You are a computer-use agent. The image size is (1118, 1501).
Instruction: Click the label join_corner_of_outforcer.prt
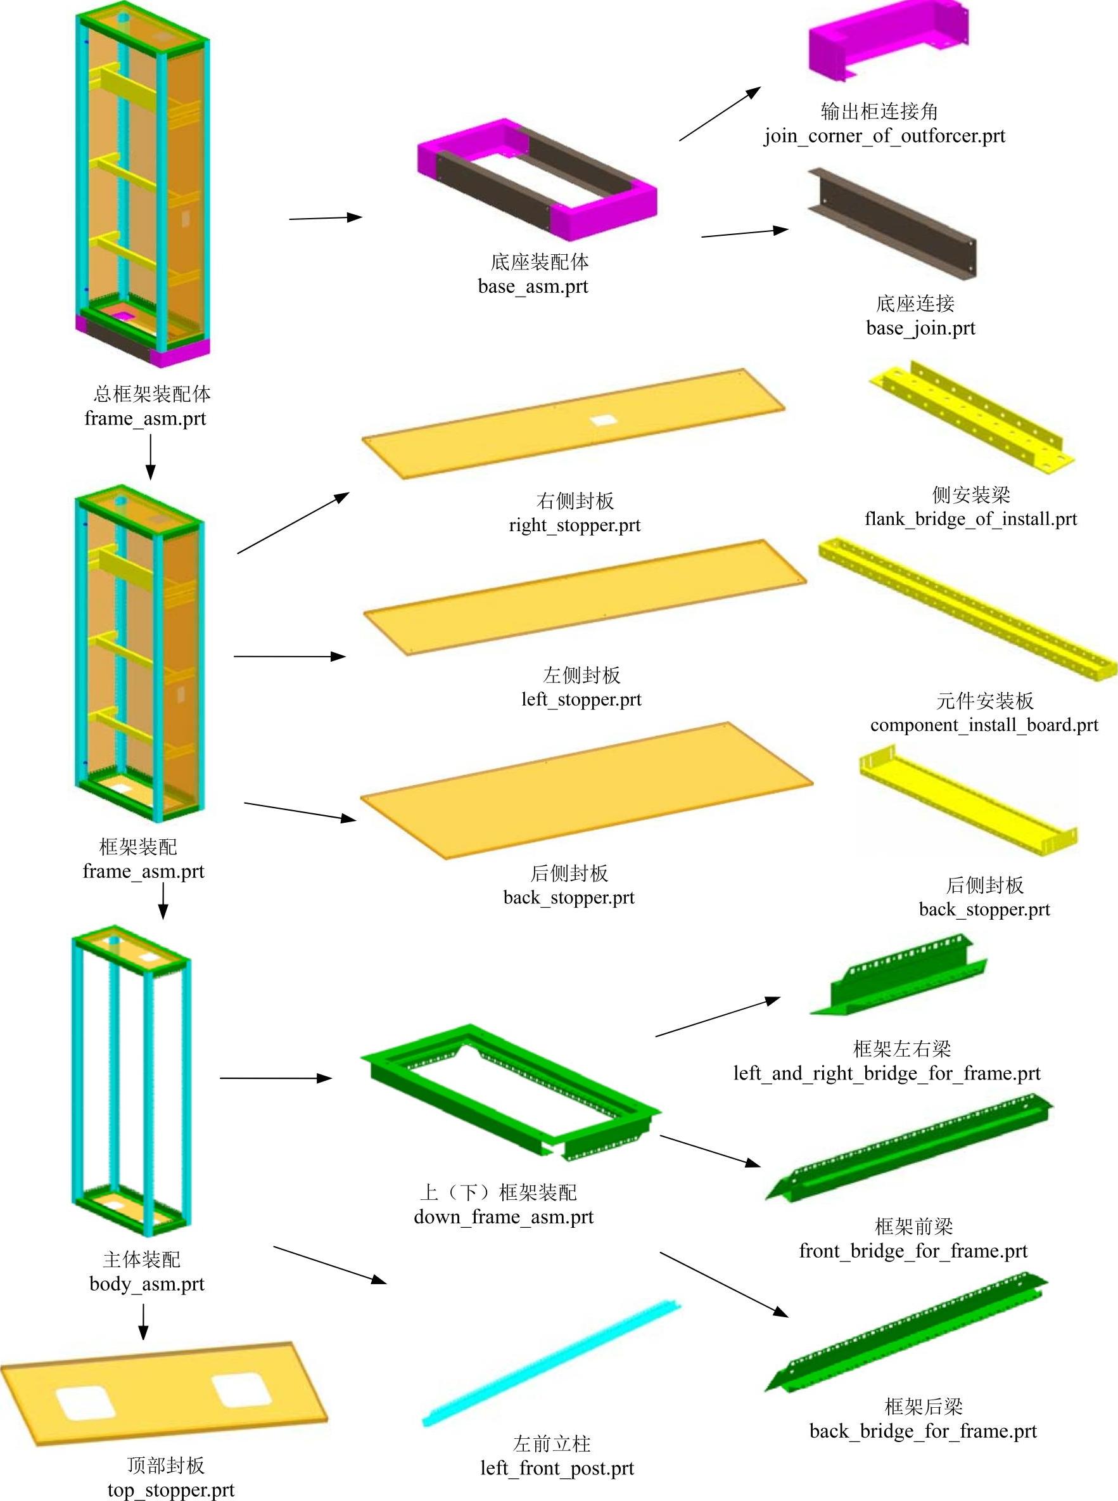[884, 136]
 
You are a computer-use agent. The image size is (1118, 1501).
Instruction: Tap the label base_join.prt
[920, 328]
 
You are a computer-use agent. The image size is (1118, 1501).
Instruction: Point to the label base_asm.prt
[533, 287]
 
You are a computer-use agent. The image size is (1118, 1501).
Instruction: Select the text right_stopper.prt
[575, 525]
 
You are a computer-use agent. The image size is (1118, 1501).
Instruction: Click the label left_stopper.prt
[581, 699]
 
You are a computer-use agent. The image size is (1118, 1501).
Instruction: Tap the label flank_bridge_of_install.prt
[970, 519]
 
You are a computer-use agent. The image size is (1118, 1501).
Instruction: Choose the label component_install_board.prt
[984, 725]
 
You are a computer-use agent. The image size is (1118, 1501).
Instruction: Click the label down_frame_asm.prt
[504, 1216]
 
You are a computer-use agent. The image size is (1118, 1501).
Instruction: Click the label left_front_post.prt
[557, 1468]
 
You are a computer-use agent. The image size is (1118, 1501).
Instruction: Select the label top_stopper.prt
[170, 1490]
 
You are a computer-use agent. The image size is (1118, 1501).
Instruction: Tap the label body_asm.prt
[147, 1284]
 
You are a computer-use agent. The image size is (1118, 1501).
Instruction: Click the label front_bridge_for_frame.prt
[913, 1251]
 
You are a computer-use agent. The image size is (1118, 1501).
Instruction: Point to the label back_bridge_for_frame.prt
[923, 1431]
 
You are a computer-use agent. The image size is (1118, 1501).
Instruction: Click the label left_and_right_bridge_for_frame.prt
[887, 1073]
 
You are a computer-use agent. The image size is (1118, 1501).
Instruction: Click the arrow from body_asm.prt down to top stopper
[143, 1321]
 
